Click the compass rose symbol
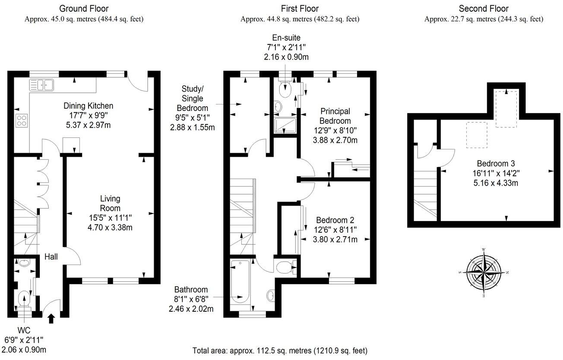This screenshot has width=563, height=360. (x=484, y=273)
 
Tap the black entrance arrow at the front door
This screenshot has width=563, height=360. (x=51, y=319)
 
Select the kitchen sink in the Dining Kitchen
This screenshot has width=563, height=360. (x=41, y=85)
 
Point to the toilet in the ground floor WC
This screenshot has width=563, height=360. (x=24, y=299)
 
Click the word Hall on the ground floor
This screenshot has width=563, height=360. (x=51, y=257)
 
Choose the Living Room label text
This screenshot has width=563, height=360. (x=110, y=203)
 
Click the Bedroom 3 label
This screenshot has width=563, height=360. (x=496, y=164)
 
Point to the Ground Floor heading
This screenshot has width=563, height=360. (x=84, y=9)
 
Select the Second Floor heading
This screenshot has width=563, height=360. (x=484, y=9)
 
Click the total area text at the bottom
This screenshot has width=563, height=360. (x=280, y=351)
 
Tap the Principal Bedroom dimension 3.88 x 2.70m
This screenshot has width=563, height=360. (x=335, y=140)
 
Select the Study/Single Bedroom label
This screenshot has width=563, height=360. (x=192, y=98)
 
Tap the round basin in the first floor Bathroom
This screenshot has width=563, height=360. (x=271, y=296)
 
